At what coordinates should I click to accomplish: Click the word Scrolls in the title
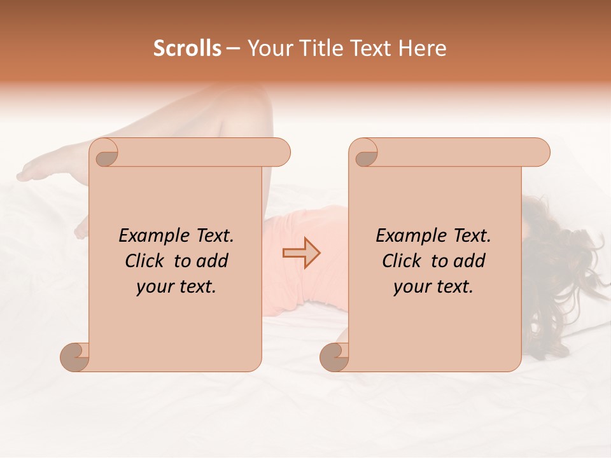click(x=188, y=48)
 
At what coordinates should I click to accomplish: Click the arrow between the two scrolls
click(x=302, y=253)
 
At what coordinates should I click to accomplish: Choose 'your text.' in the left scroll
click(x=176, y=287)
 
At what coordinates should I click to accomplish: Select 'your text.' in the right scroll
click(x=433, y=287)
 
